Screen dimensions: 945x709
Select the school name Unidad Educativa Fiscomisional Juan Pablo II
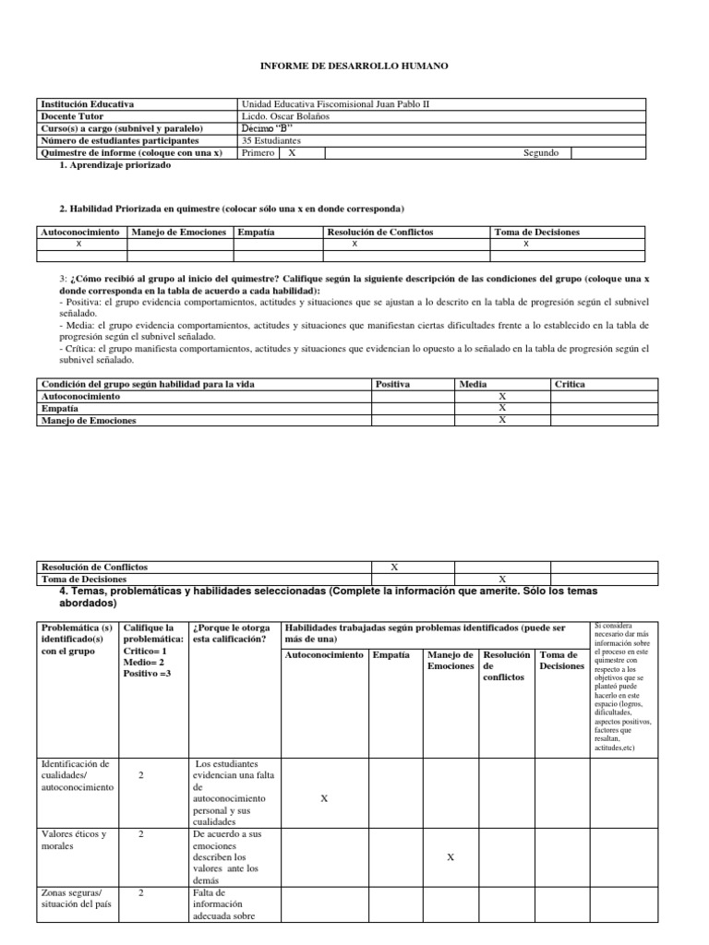click(x=334, y=104)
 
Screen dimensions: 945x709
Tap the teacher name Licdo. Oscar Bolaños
click(x=283, y=116)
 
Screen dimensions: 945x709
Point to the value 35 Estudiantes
click(x=270, y=140)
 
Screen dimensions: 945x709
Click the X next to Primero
click(x=292, y=153)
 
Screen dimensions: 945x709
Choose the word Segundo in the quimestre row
click(x=540, y=153)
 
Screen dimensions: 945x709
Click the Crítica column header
click(x=570, y=383)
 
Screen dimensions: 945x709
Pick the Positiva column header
click(x=393, y=383)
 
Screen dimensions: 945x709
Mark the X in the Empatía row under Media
click(x=502, y=407)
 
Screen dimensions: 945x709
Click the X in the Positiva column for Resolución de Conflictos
click(x=394, y=567)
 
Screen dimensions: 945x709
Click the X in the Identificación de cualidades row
click(x=323, y=798)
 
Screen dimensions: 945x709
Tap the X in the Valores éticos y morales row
click(x=450, y=857)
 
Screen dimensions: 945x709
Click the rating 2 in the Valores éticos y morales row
click(x=140, y=834)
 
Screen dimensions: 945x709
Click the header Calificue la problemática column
click(x=153, y=650)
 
